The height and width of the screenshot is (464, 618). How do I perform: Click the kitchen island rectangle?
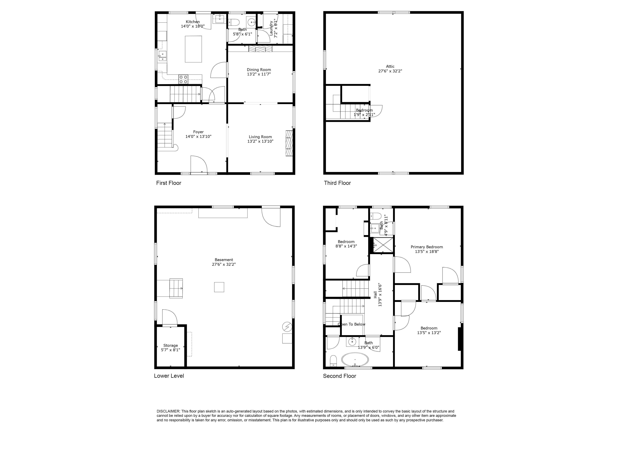[x=193, y=49]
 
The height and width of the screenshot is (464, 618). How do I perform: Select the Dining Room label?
[x=259, y=70]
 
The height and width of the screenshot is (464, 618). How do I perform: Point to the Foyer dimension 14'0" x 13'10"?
[x=198, y=136]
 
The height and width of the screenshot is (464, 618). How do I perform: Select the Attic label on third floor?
[x=390, y=66]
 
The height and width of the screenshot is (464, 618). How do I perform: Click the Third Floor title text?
[x=337, y=183]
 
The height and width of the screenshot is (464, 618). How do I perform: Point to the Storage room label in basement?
[x=170, y=345]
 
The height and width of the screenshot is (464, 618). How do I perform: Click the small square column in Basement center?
[x=219, y=287]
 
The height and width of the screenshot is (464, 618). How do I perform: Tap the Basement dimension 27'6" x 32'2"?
[x=224, y=264]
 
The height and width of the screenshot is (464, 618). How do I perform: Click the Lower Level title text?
[x=169, y=376]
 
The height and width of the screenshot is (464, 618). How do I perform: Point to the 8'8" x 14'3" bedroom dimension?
[x=346, y=246]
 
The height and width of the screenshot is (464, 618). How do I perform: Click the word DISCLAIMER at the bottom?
[x=168, y=411]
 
